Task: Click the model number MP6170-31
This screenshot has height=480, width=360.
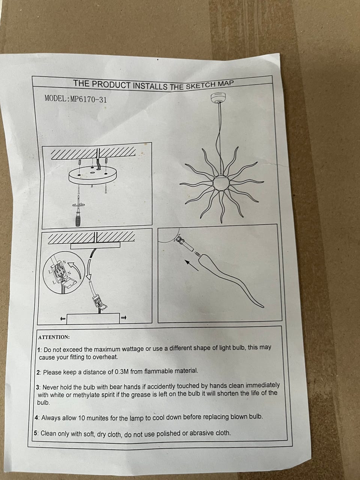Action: pos(89,99)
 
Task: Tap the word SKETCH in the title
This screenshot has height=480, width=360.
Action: pos(201,86)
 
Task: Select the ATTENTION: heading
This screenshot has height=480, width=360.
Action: pos(54,337)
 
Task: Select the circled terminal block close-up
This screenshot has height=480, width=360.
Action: pos(64,274)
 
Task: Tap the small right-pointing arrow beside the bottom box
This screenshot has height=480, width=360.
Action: pos(124,317)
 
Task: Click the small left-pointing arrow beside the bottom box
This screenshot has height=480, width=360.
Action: pos(63,319)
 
